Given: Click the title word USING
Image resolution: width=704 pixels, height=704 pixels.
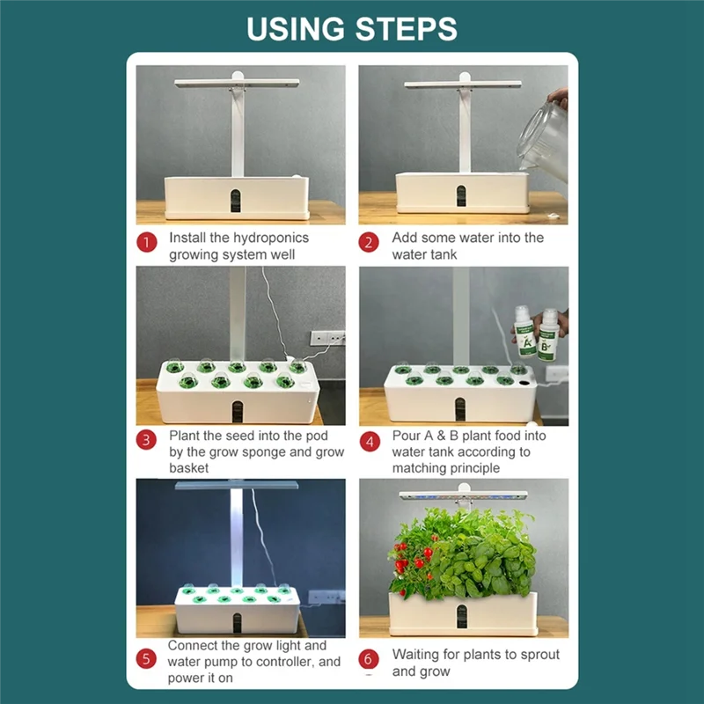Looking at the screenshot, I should (x=294, y=28).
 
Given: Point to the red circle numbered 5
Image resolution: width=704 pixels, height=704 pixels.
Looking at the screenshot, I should (x=147, y=658).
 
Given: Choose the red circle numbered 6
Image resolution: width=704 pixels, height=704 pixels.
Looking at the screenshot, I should (x=370, y=658).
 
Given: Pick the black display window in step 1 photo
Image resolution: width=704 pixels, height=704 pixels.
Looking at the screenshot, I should (x=237, y=200).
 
